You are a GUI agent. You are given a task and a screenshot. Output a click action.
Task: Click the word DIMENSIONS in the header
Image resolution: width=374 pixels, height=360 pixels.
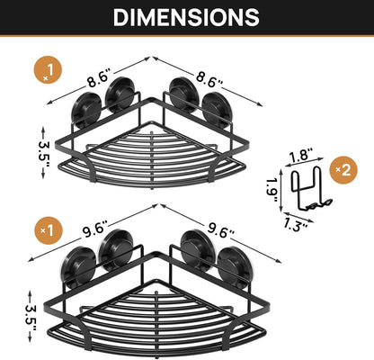pos(186,17)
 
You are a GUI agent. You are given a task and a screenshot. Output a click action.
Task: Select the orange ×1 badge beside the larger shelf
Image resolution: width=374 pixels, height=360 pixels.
pos(48,230)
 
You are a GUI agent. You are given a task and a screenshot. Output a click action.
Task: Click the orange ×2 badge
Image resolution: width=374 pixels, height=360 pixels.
pos(343,170)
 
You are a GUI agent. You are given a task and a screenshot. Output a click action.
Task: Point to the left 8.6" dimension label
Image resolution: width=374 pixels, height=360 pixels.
pos(98,79)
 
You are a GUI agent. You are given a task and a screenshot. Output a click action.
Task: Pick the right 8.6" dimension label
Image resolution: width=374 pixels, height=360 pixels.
pos(209,79)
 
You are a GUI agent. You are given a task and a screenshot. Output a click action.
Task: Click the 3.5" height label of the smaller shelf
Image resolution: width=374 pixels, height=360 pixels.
pos(44,153)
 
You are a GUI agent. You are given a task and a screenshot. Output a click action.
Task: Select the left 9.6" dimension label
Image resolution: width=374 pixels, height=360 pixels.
pos(93,229)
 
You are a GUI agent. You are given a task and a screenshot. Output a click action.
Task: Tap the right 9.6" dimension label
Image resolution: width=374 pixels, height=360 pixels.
pos(220,229)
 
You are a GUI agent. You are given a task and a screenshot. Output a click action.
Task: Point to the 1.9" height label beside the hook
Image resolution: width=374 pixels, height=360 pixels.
pos(272,190)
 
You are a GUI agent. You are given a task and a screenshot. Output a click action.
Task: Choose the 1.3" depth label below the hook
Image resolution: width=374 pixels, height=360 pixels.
pos(295,224)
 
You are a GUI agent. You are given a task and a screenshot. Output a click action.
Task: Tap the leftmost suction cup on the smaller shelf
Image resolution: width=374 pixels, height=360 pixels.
pos(86,110)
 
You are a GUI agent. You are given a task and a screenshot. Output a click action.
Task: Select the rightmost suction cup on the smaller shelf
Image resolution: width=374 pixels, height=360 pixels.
pos(217,110)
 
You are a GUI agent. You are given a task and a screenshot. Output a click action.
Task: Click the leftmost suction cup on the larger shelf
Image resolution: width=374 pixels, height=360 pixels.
pos(80,267)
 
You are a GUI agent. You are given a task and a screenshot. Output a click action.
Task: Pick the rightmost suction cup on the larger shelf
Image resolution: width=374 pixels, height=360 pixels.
pos(234,267)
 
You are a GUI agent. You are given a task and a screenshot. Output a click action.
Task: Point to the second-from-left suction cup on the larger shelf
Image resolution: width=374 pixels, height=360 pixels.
pos(116,249)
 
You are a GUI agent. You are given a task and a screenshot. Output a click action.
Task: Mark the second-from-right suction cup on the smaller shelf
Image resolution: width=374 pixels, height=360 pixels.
pos(183,94)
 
